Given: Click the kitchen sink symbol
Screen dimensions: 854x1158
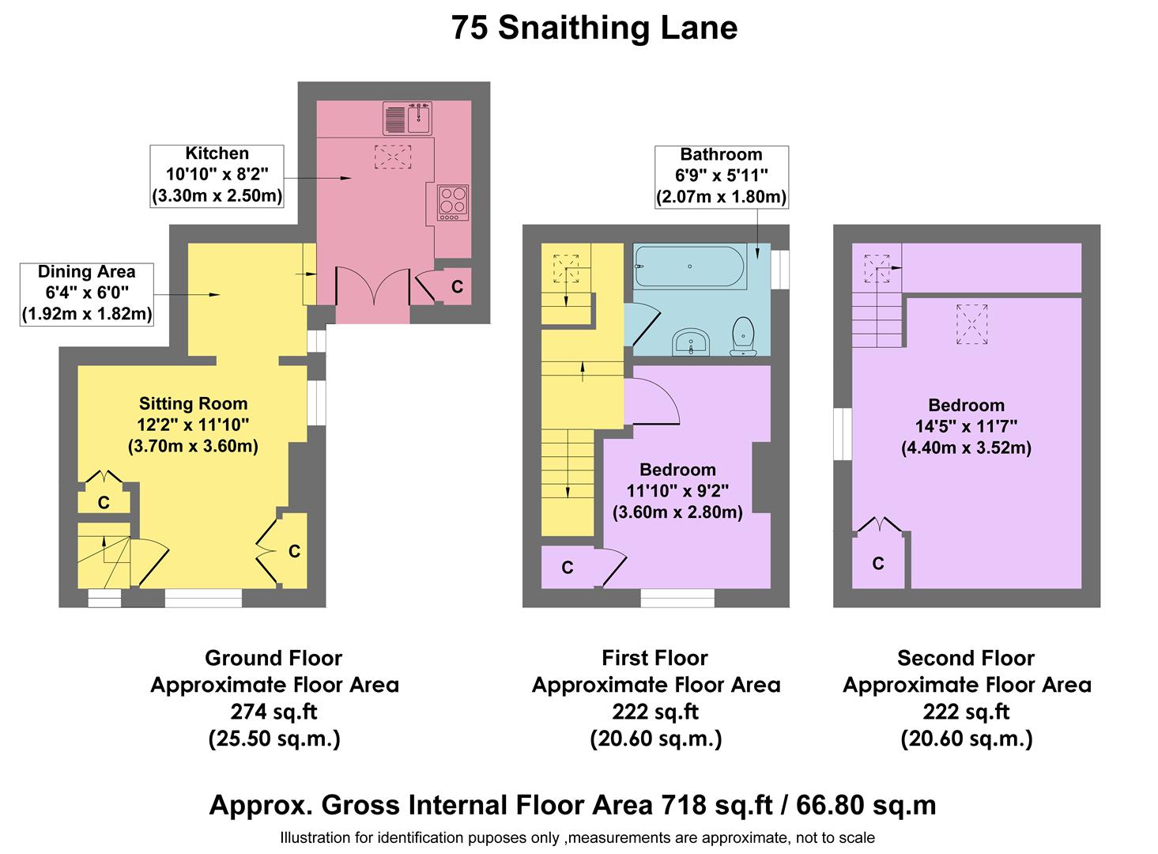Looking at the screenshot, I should (407, 119).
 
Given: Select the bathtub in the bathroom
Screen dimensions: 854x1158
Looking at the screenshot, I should (689, 267).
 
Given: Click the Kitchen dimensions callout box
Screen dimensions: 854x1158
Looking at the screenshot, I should (217, 176).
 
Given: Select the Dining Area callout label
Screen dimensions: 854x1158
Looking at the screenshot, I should (86, 293).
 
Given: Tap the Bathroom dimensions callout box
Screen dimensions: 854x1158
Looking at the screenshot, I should (721, 176).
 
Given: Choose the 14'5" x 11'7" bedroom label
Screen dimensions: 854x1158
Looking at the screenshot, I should (966, 426).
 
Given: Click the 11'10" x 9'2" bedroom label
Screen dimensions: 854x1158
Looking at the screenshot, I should (677, 490).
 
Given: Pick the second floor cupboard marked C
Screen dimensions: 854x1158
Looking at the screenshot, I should (878, 563).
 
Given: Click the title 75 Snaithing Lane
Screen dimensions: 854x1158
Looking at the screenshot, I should (594, 28).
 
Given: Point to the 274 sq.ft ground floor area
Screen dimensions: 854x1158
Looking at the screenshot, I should (273, 712).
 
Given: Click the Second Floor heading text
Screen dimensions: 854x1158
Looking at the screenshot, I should (966, 658).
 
